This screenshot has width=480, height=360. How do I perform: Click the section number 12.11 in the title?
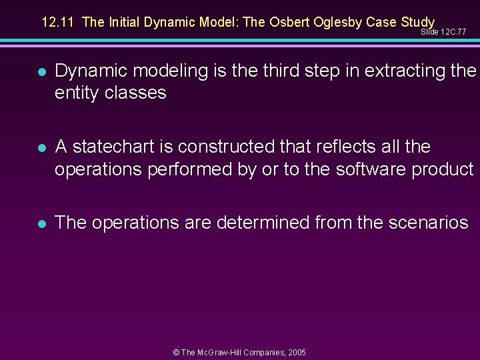point(57,22)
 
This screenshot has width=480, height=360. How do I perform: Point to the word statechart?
point(112,147)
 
